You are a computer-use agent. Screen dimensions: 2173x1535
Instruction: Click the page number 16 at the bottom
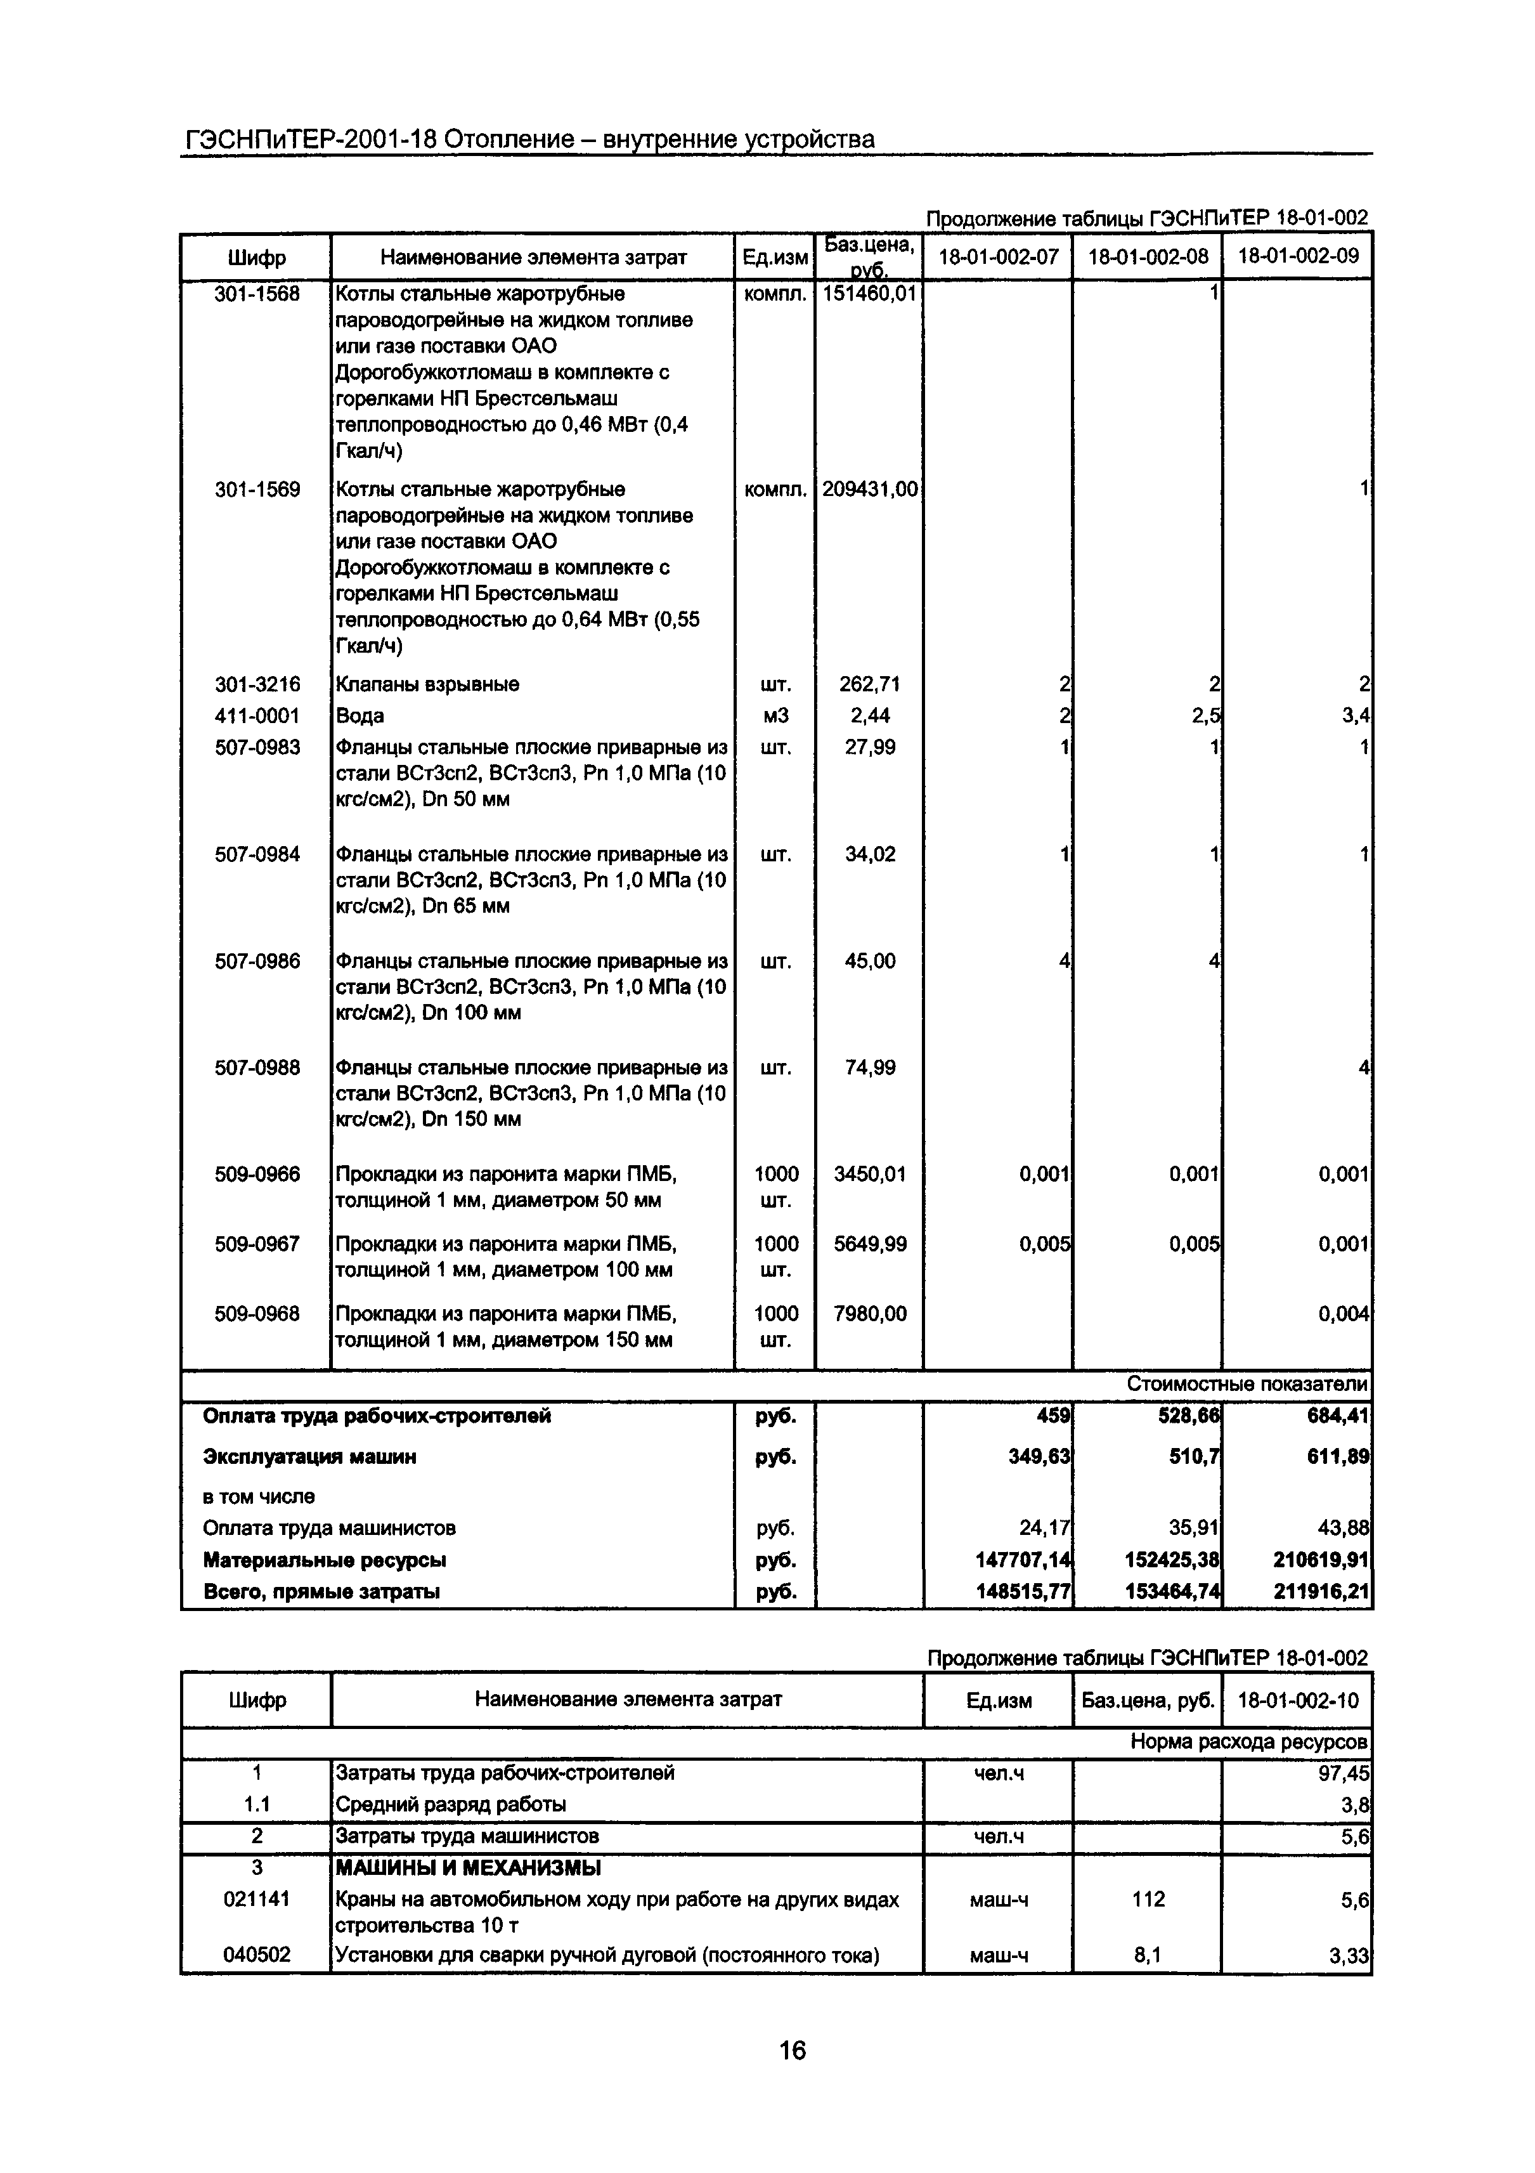point(792,2050)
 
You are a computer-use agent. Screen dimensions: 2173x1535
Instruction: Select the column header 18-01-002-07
point(997,256)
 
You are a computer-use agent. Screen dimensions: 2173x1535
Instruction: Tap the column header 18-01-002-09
point(1297,256)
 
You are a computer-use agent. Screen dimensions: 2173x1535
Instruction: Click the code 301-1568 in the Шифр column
point(256,294)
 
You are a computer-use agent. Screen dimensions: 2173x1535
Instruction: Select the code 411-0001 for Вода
point(256,715)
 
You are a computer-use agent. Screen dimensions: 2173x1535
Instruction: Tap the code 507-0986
point(256,962)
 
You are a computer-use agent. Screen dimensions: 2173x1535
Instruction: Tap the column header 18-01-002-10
point(1297,1700)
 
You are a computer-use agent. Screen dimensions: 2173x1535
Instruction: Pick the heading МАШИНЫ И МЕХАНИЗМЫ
point(467,1869)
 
